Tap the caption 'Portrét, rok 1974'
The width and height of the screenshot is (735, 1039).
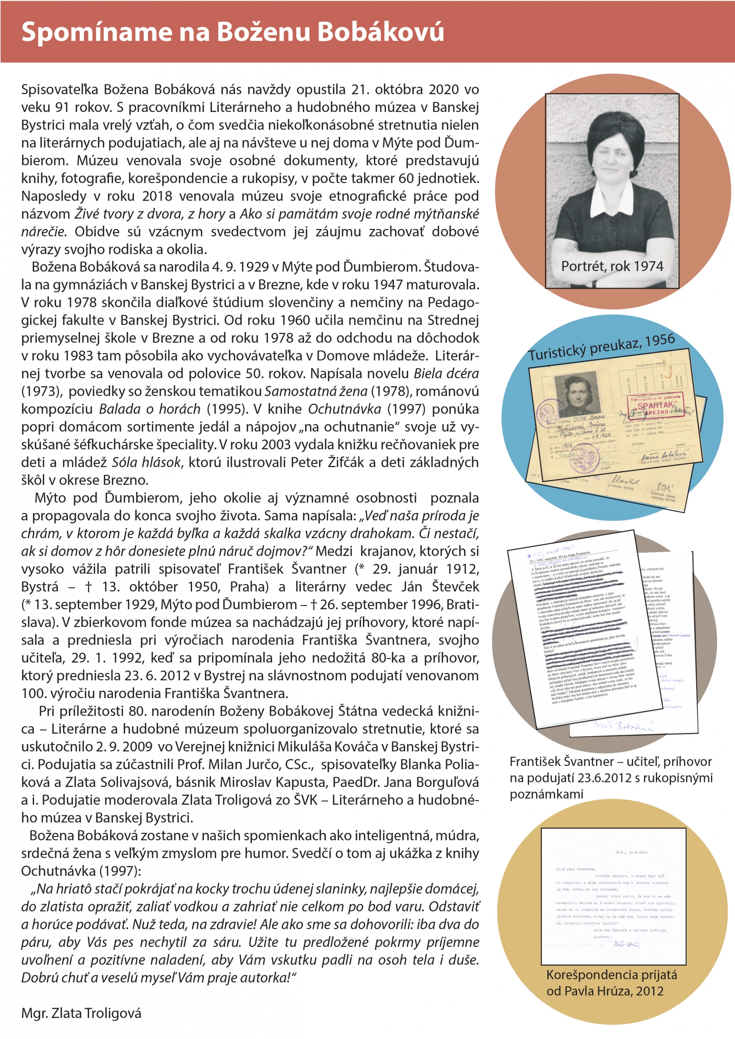[612, 266]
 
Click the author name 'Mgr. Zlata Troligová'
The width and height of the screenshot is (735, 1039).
[81, 1013]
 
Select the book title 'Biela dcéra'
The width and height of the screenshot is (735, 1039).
[446, 373]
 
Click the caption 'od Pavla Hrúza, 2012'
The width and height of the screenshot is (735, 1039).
[605, 991]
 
